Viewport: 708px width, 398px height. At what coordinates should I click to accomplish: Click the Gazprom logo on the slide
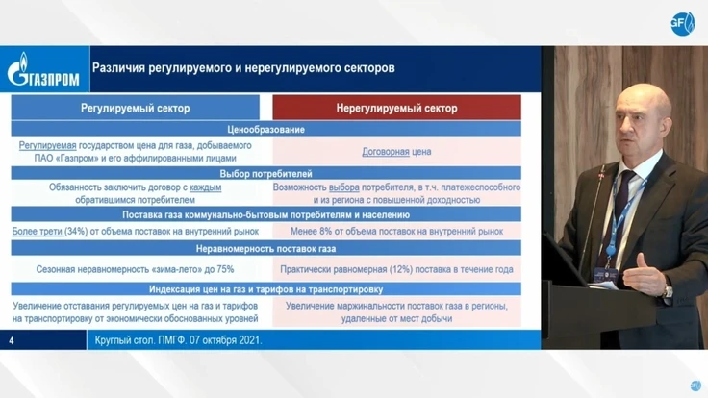[x=43, y=69]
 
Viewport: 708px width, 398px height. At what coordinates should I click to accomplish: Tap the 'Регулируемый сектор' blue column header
[x=135, y=108]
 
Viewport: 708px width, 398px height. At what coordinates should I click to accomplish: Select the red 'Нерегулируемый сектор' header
[x=396, y=108]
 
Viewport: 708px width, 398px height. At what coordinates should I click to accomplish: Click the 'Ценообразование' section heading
[x=265, y=130]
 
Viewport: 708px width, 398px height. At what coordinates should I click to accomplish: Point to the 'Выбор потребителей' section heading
[x=265, y=174]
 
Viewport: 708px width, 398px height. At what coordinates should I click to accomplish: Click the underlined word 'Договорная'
[x=386, y=152]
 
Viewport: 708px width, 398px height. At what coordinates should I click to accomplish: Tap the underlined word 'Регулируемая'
[x=47, y=146]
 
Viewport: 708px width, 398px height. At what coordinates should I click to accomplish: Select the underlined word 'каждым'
[x=206, y=187]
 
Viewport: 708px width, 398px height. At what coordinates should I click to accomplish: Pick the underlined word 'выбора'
[x=344, y=187]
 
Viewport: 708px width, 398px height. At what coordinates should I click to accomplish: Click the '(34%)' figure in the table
[x=76, y=232]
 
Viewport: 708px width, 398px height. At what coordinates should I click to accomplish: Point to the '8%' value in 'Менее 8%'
[x=325, y=232]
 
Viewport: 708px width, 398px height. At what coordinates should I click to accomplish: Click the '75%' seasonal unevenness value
[x=225, y=269]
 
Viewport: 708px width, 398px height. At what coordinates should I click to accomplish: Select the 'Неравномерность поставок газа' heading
[x=265, y=249]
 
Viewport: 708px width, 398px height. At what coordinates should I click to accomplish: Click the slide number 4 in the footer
[x=12, y=340]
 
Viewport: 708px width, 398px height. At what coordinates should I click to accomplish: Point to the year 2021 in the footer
[x=250, y=340]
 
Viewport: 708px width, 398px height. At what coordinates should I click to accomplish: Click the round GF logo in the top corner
[x=682, y=24]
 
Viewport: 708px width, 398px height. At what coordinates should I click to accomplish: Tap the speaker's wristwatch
[x=667, y=289]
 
